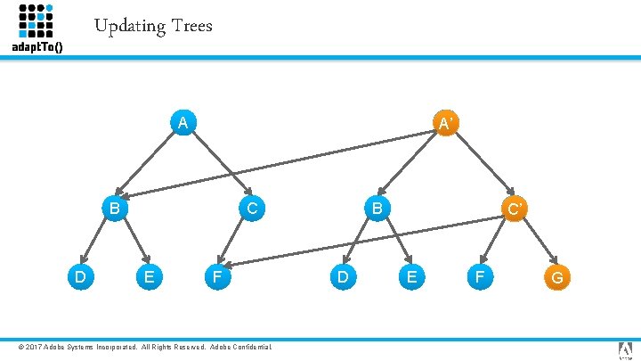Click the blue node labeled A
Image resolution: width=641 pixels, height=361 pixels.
182,122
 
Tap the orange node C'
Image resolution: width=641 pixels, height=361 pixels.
514,209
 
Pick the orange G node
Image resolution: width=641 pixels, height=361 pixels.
557,277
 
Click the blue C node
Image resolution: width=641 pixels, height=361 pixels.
252,209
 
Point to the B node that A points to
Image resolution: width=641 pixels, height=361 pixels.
113,209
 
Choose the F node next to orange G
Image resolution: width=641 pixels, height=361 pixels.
480,277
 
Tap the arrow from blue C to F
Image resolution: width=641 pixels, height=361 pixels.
234,242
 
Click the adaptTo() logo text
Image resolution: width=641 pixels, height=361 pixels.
37,46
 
